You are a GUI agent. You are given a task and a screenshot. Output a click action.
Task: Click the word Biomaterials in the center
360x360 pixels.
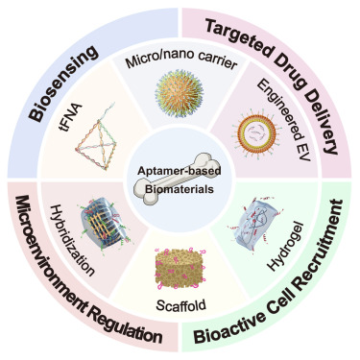(x=180, y=189)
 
